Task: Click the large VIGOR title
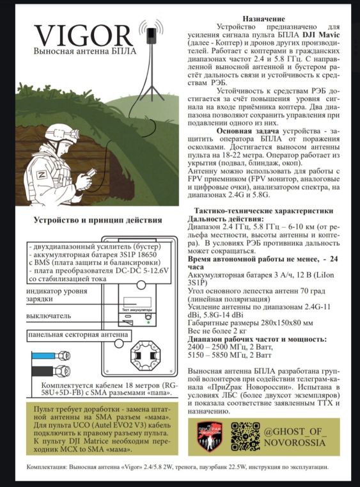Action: coord(84,36)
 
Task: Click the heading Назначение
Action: coord(263,19)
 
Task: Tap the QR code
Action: coord(245,436)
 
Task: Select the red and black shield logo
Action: coord(210,436)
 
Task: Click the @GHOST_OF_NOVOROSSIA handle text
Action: coord(295,436)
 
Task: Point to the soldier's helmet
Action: coord(61,133)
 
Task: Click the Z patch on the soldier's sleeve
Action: coord(42,175)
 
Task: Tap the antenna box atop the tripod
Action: coord(152,36)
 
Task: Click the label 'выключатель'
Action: coord(49,316)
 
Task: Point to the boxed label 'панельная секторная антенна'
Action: coord(79,335)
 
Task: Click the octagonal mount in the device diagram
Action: coord(143,356)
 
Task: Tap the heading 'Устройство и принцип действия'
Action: coord(98,220)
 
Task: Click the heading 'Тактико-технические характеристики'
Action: coord(264,211)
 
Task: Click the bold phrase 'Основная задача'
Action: coord(247,131)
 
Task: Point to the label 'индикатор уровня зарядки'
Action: coord(57,295)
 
